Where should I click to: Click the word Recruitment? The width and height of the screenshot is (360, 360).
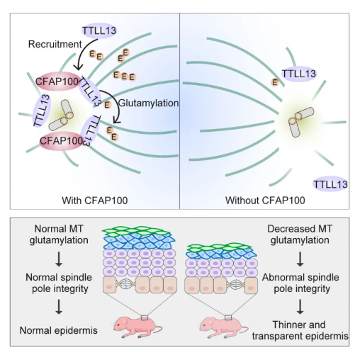click(55, 44)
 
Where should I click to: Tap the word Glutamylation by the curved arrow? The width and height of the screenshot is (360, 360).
click(148, 103)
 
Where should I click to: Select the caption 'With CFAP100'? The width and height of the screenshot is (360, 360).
click(95, 201)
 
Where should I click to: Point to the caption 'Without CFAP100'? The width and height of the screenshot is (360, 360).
click(265, 201)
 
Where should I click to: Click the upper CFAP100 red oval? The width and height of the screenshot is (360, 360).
click(57, 81)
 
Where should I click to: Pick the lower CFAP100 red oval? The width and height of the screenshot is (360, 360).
click(62, 141)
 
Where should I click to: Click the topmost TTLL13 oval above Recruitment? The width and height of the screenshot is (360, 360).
click(99, 30)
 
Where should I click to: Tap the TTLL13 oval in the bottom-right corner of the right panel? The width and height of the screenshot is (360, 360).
click(330, 184)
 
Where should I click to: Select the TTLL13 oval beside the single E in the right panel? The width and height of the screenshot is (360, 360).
click(299, 74)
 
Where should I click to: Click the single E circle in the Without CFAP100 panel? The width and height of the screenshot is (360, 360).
click(275, 82)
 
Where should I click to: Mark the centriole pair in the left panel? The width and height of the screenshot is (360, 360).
click(61, 115)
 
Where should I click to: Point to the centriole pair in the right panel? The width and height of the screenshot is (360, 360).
click(300, 121)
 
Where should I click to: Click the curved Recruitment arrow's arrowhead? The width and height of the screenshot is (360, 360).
click(78, 67)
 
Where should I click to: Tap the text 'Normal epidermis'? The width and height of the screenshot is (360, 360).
click(59, 330)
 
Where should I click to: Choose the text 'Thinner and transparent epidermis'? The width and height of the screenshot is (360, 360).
click(300, 330)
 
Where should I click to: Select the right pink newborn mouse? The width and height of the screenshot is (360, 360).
click(223, 327)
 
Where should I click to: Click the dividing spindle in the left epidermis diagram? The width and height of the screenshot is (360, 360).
click(126, 285)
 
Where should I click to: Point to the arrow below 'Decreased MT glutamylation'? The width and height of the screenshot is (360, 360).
click(300, 259)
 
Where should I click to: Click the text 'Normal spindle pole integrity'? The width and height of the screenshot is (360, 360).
click(59, 283)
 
